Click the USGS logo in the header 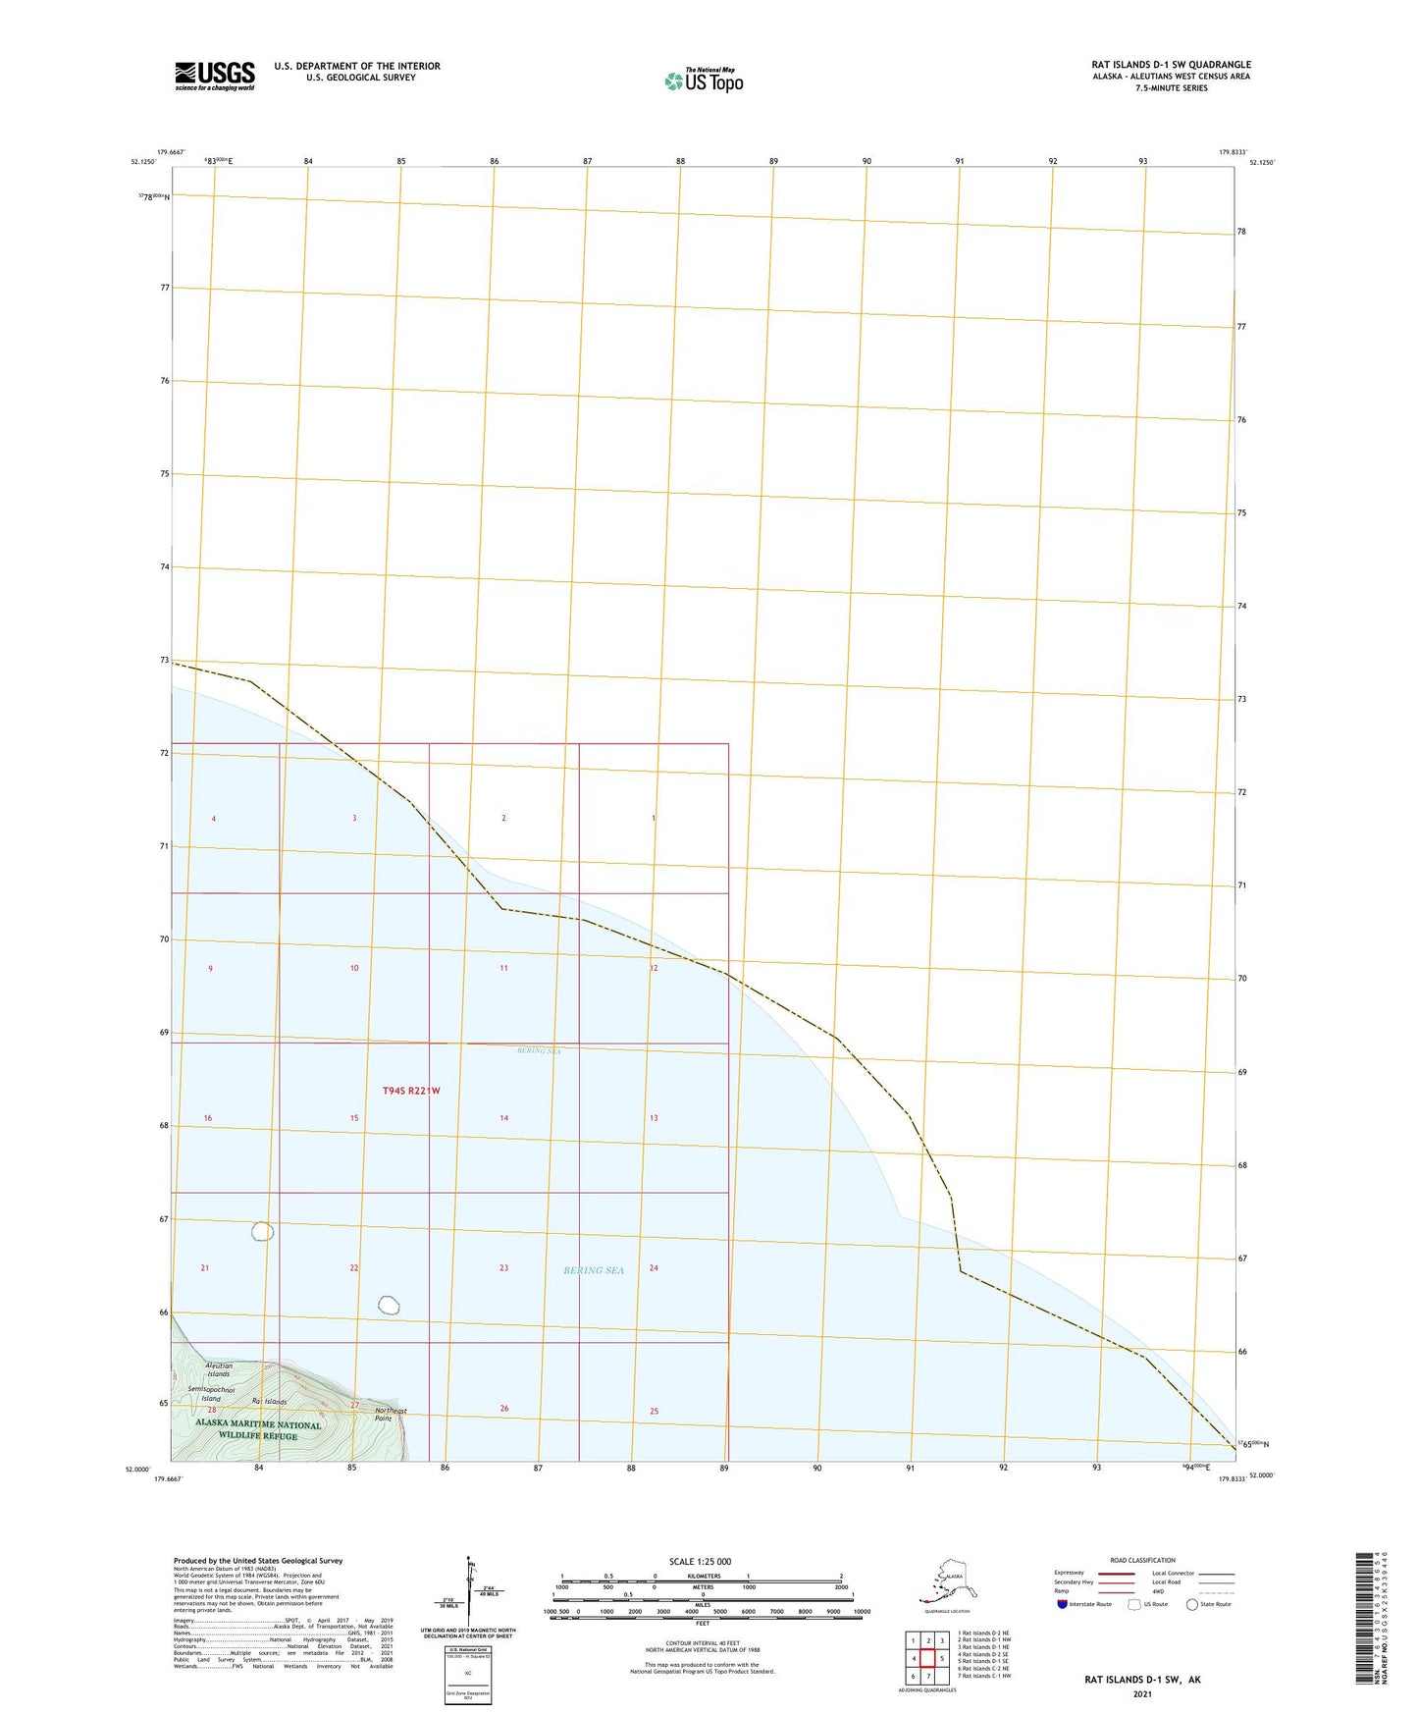215,76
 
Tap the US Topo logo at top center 704,80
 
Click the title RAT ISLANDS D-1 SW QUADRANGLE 1171,65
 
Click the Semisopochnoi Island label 211,1394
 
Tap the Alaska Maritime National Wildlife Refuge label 258,1430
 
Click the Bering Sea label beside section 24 594,1270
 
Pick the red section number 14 503,1118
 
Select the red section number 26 504,1409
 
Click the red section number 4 213,819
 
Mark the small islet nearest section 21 262,1231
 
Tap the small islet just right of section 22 389,1305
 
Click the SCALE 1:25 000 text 699,1562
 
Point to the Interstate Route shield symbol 1063,1604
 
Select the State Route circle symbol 1192,1604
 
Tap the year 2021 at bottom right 1141,1693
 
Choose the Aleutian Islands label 219,1369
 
